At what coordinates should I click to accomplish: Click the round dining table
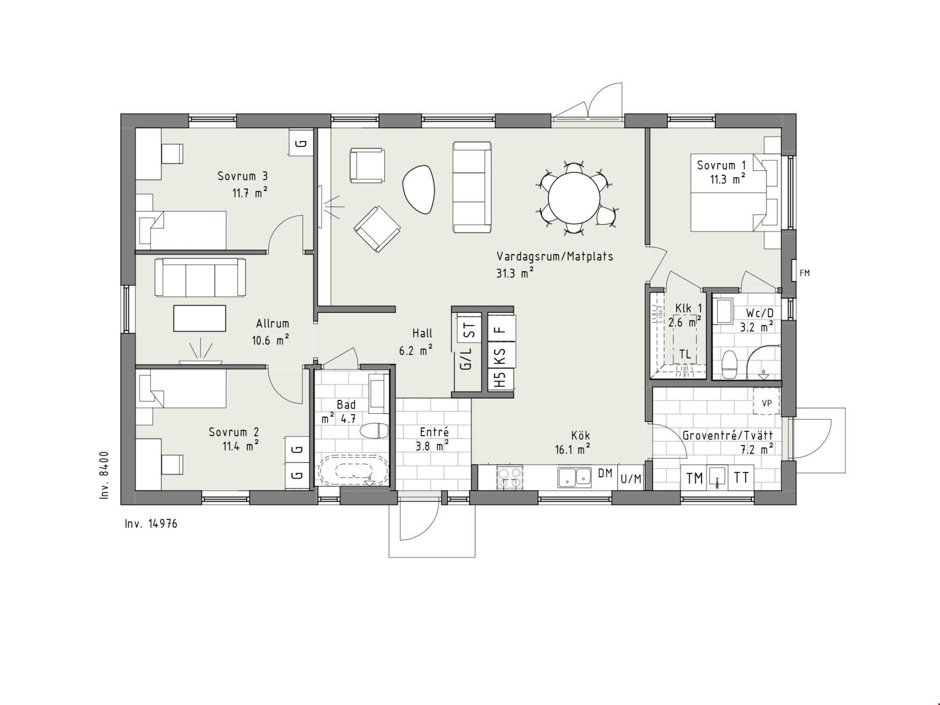(574, 198)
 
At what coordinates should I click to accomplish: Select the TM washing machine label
(695, 478)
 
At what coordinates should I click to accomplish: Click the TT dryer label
(741, 478)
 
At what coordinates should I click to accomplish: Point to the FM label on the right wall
(805, 273)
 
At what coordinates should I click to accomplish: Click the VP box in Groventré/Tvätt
(767, 403)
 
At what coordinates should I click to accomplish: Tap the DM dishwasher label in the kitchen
(605, 473)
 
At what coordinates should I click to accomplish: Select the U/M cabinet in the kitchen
(631, 478)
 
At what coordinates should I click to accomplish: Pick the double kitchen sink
(574, 477)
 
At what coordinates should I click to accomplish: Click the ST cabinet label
(469, 331)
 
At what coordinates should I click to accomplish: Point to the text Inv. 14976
(151, 524)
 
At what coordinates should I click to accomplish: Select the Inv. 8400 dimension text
(105, 475)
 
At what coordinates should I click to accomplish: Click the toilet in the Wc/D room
(729, 364)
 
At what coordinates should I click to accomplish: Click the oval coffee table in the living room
(419, 189)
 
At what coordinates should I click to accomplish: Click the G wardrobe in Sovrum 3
(301, 143)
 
